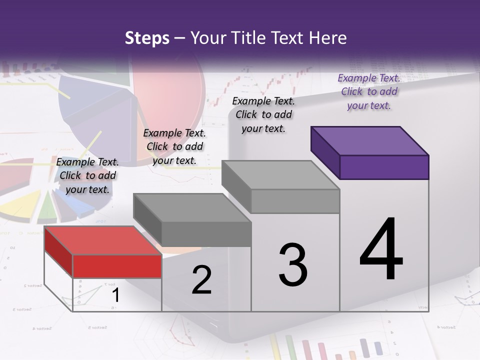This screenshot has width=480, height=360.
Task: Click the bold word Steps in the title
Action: coord(147,38)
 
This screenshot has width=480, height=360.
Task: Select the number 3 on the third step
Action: coord(293,264)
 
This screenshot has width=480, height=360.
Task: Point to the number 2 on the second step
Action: coord(202,280)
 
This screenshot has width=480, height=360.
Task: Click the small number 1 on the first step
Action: coord(115,295)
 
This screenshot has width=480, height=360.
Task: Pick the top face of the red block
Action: coord(102,240)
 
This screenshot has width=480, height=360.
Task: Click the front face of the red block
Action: coord(117,266)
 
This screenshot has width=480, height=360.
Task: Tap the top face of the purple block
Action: coord(370,140)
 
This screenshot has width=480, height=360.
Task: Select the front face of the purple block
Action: coord(384,167)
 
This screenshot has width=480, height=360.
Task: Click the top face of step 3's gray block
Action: coord(280,174)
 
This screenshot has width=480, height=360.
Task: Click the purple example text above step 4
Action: coord(369,91)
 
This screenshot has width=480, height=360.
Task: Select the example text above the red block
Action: coord(87,175)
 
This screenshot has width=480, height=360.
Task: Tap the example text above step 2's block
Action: coord(174,146)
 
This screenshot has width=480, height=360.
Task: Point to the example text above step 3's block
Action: coord(263,114)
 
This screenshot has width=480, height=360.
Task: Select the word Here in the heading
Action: coord(328,38)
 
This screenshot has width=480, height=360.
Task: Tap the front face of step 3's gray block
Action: coord(295,201)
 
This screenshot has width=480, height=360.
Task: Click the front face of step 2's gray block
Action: coord(206,234)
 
